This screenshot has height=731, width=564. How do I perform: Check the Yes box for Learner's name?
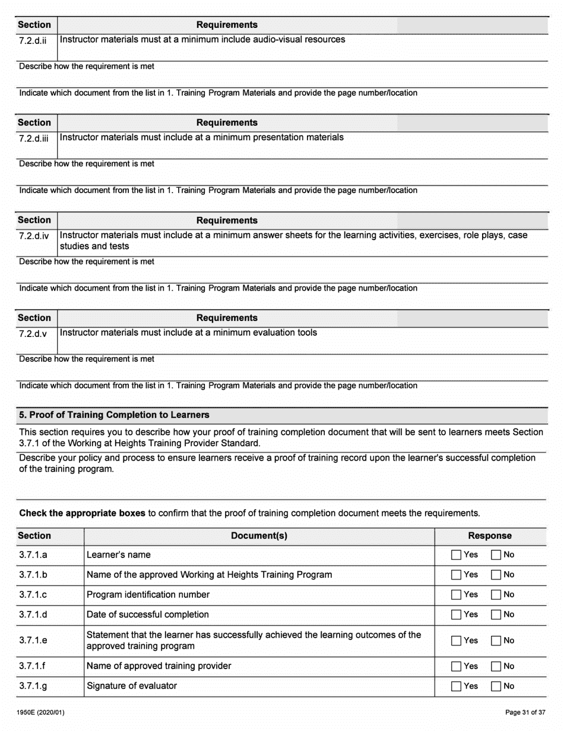click(x=456, y=555)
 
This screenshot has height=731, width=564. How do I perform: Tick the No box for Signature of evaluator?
click(x=496, y=686)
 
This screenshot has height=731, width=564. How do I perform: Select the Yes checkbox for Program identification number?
click(x=456, y=595)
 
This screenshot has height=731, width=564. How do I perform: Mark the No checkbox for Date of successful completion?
click(x=496, y=615)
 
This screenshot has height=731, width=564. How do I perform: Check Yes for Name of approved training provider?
click(x=456, y=667)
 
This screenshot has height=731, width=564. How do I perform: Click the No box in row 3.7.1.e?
click(x=496, y=641)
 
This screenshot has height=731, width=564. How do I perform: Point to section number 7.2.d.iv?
click(x=34, y=236)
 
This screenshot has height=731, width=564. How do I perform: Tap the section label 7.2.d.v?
click(x=33, y=333)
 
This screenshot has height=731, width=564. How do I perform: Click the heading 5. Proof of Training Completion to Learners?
click(x=114, y=415)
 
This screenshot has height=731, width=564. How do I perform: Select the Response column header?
click(x=490, y=535)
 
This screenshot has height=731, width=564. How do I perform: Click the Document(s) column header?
click(x=259, y=535)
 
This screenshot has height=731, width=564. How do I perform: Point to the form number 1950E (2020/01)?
click(x=41, y=713)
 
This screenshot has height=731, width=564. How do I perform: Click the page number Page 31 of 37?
click(x=525, y=713)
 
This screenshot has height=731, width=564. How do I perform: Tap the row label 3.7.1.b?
click(x=33, y=575)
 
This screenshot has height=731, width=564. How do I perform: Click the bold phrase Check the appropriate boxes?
click(x=83, y=513)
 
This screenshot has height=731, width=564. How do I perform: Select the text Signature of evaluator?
click(x=132, y=686)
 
